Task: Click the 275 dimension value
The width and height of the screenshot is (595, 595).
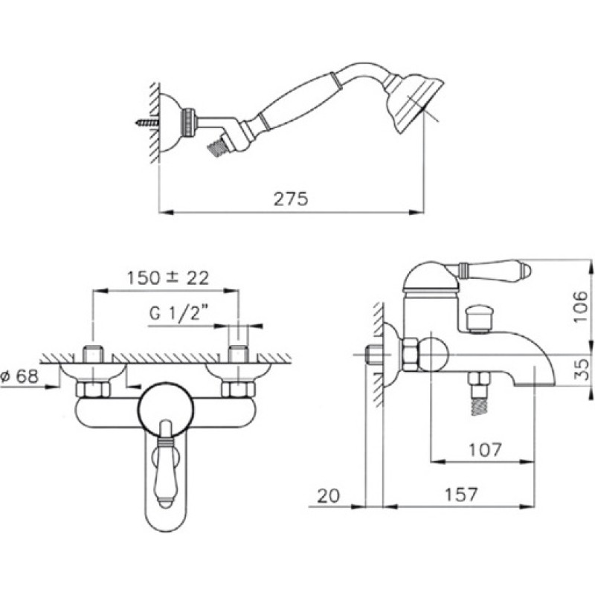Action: pos(291,199)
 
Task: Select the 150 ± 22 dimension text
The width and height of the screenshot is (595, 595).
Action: pos(168,277)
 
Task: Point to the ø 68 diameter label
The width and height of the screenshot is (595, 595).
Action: pos(20,376)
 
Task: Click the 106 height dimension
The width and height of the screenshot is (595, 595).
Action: pos(580,306)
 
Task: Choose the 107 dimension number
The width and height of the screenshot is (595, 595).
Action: pos(486,450)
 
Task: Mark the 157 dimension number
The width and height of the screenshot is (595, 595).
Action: pos(460,495)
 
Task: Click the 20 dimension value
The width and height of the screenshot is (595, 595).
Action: pos(329,495)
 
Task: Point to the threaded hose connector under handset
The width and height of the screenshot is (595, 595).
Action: pos(217,147)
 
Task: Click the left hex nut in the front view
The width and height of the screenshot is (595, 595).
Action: pos(93,389)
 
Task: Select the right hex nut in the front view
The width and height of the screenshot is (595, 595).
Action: pos(238,389)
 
